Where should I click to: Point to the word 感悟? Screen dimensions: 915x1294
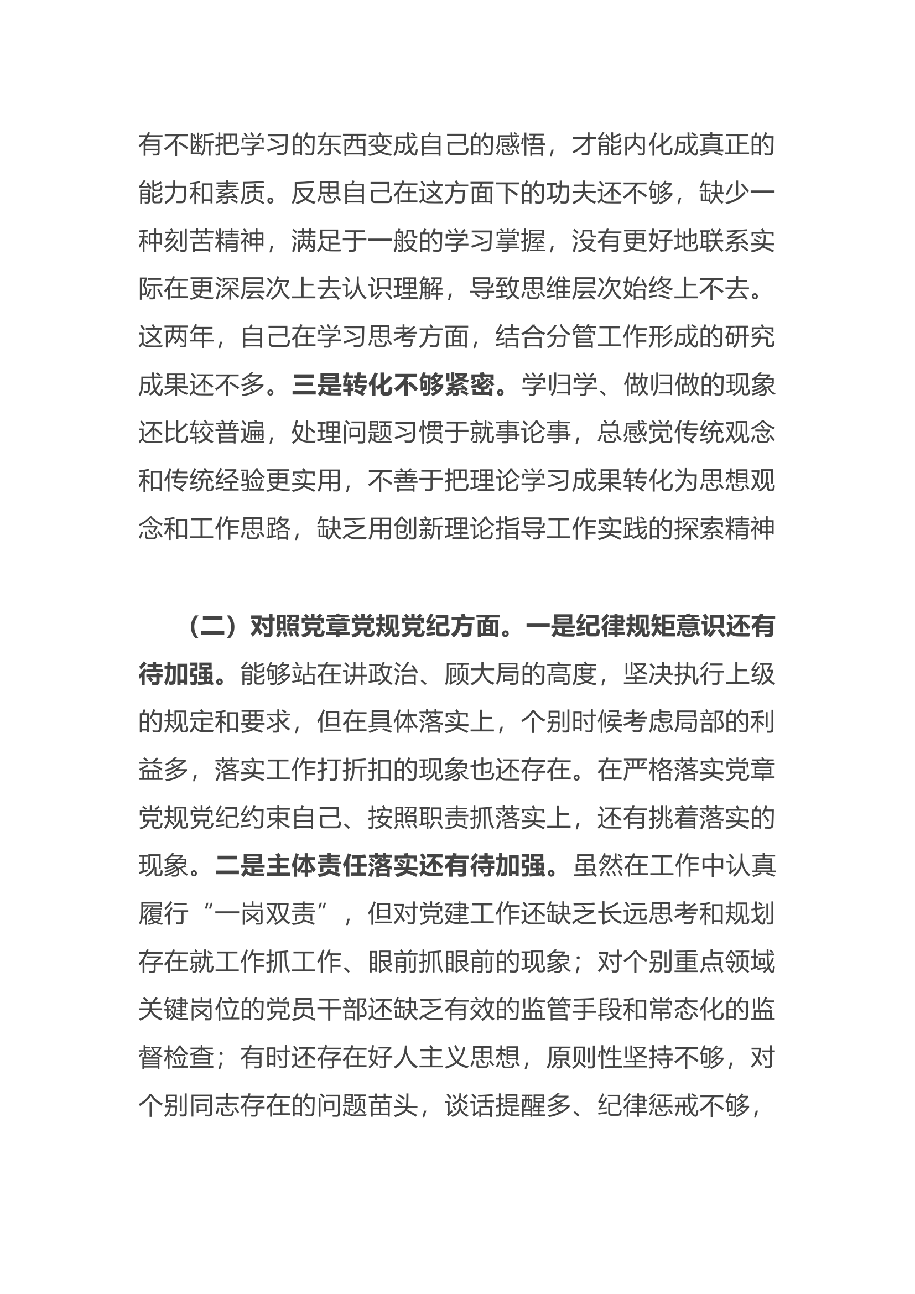click(x=520, y=145)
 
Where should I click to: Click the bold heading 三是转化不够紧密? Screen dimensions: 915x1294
click(x=393, y=386)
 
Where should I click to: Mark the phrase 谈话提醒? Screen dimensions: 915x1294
click(x=495, y=1106)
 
